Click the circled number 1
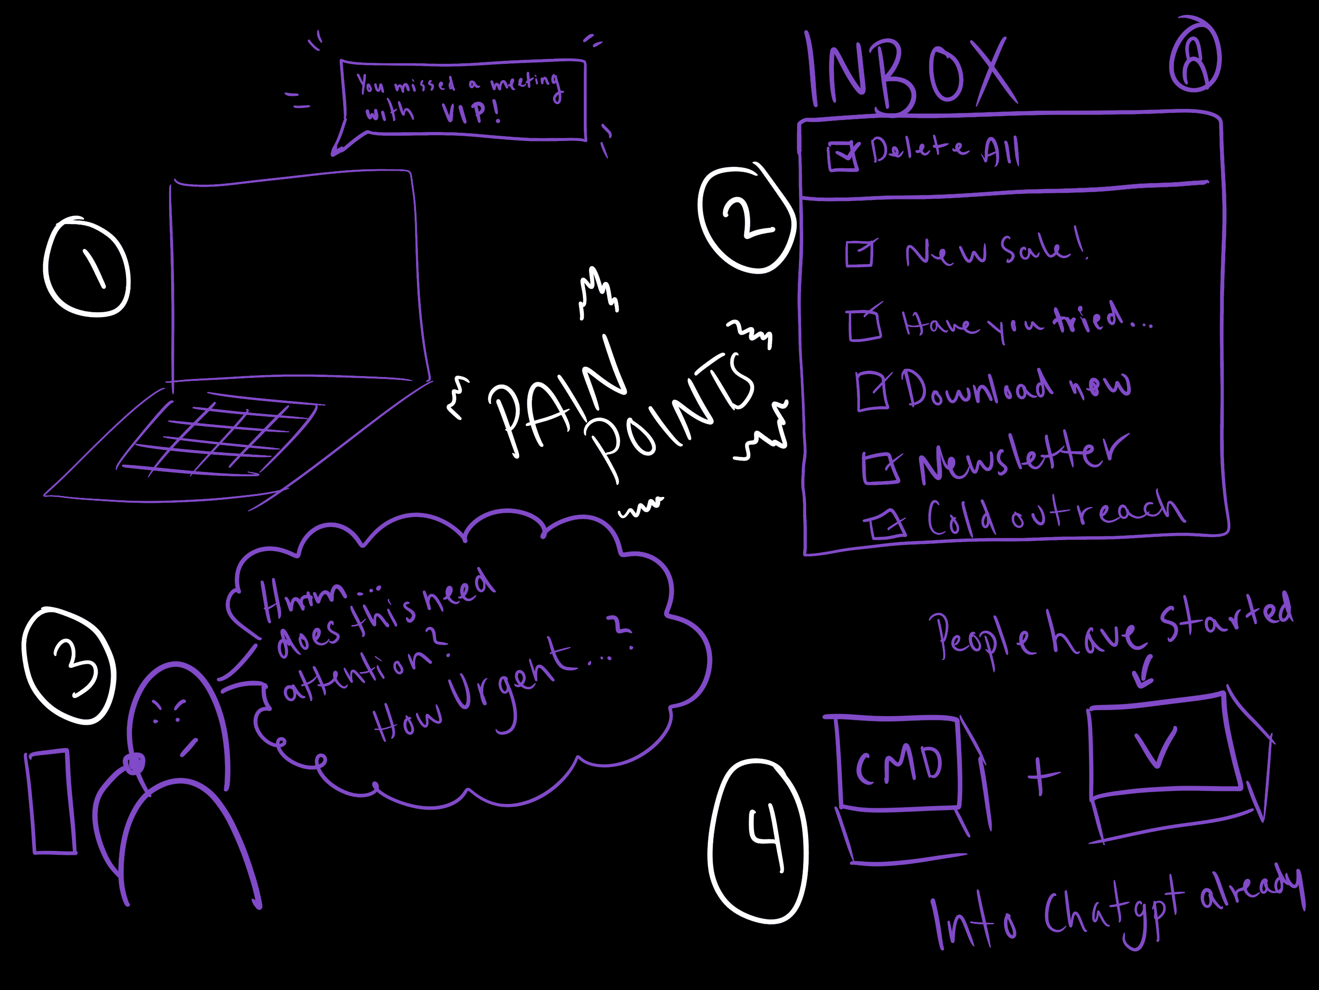point(87,267)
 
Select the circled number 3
point(69,666)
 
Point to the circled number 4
point(758,841)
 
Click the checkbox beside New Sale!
point(859,254)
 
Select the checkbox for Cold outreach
point(886,525)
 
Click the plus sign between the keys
point(1042,776)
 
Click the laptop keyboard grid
point(220,438)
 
